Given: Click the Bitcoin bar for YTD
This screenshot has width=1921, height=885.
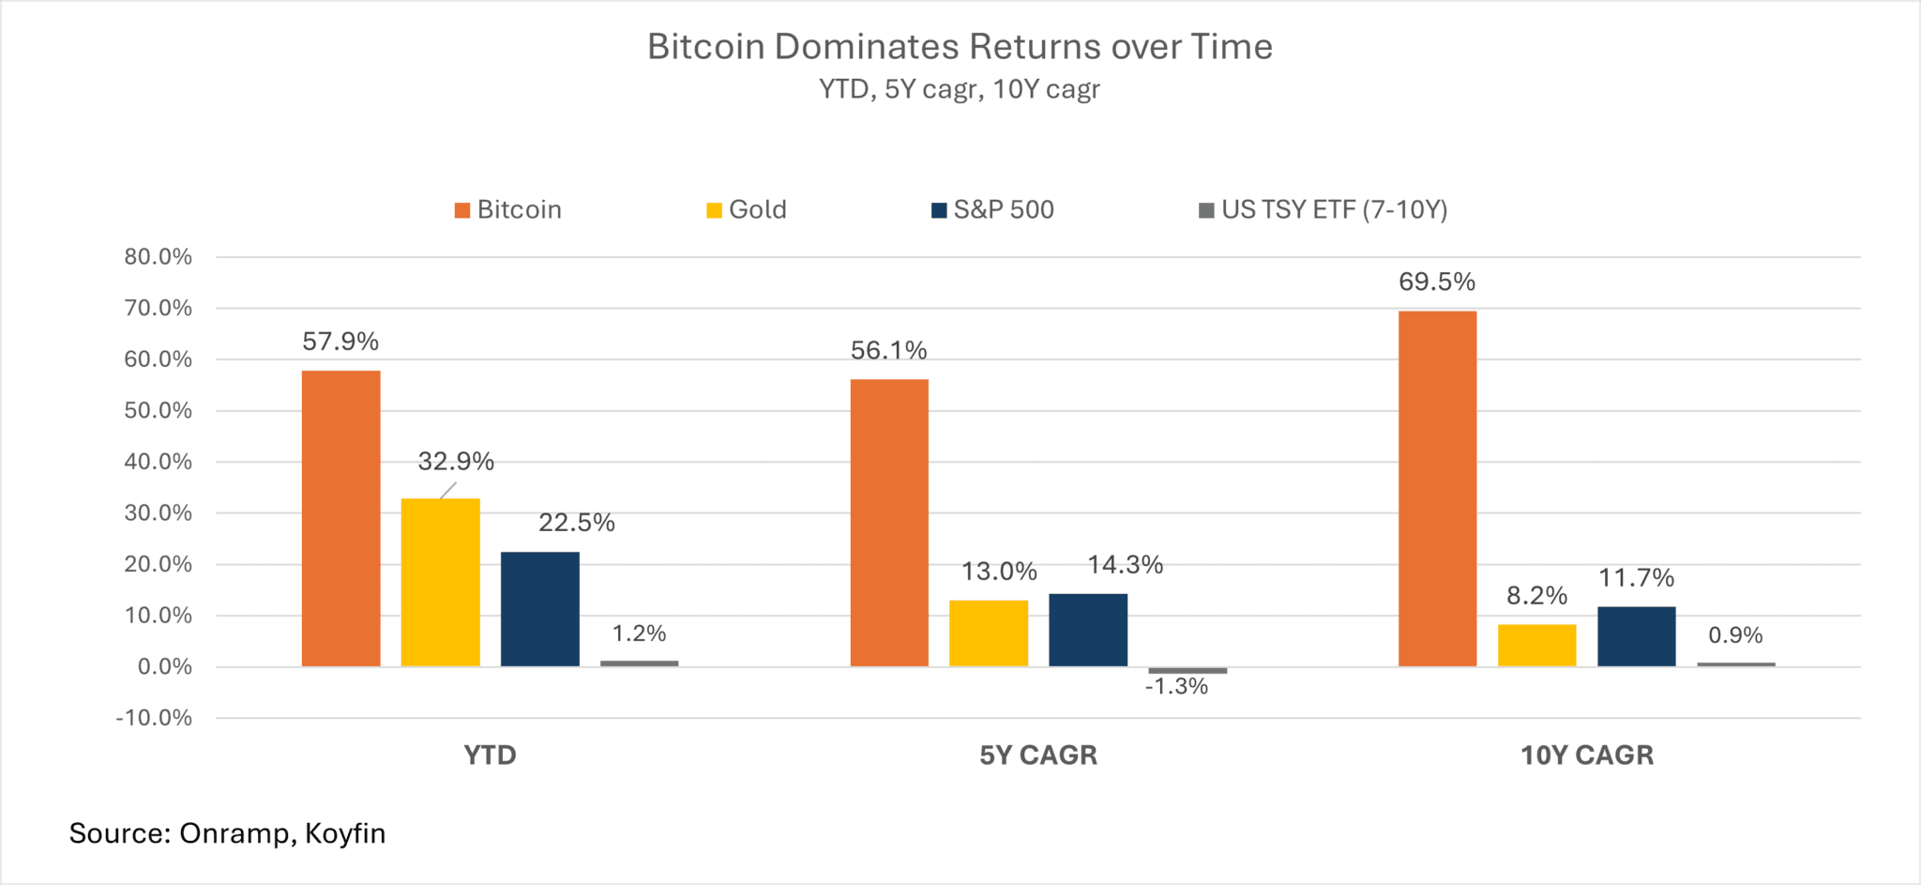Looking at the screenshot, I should [x=340, y=518].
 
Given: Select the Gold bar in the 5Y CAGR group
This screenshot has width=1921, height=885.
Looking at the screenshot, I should [x=989, y=633].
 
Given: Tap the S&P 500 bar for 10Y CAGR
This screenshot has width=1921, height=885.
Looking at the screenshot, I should [x=1636, y=636].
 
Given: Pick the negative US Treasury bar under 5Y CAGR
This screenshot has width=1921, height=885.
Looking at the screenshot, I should [x=1187, y=670].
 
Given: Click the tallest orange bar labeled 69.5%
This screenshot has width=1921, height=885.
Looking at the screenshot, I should [x=1437, y=488].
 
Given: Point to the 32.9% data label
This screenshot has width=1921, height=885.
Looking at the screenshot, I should [x=456, y=462].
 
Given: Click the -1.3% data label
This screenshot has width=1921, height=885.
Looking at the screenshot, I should [x=1176, y=687].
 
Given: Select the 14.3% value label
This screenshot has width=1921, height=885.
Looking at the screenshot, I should [x=1125, y=565].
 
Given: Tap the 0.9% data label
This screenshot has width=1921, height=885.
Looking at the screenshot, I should [x=1735, y=635].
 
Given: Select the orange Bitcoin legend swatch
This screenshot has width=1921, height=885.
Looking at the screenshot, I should [x=461, y=210].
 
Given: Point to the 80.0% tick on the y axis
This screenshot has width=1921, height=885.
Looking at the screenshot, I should [x=158, y=257].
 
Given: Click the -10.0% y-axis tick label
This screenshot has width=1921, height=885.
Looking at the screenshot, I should [x=154, y=718].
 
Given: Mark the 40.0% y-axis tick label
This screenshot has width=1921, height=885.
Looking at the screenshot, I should [x=158, y=462].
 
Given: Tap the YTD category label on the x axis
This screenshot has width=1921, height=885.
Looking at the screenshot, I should [x=490, y=755].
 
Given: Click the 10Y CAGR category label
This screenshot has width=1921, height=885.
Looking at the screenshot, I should [x=1586, y=755].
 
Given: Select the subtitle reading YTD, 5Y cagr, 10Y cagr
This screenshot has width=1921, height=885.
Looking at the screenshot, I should [x=959, y=89].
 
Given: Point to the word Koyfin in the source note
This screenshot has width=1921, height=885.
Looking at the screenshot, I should [x=345, y=833].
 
